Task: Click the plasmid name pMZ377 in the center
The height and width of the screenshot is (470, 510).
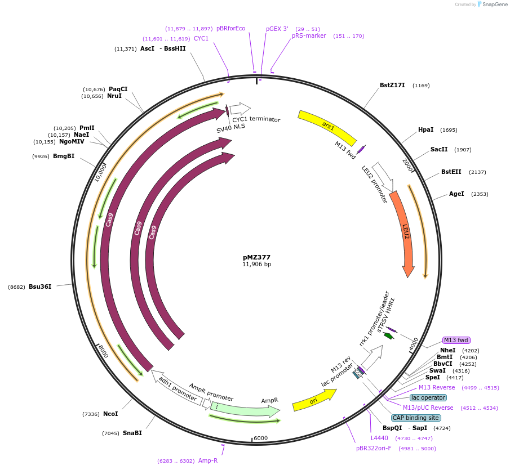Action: click(x=256, y=257)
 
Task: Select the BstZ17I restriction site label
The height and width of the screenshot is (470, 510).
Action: click(x=392, y=86)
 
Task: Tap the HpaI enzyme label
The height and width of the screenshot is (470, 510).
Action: click(x=425, y=130)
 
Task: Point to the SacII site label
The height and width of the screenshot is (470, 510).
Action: click(x=439, y=150)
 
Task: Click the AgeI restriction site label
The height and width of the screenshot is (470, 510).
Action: click(x=456, y=194)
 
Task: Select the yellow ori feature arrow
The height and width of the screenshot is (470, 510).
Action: click(x=314, y=400)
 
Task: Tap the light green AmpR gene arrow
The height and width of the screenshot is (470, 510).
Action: click(x=248, y=409)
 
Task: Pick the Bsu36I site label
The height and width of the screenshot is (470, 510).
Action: click(x=40, y=287)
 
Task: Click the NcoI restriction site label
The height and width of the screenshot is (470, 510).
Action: click(x=110, y=414)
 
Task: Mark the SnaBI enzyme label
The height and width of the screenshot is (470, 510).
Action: click(x=132, y=433)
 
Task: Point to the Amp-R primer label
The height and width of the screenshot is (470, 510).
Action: click(x=208, y=460)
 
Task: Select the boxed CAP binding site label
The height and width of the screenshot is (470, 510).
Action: click(x=415, y=418)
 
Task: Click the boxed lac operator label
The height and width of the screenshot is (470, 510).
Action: click(x=429, y=397)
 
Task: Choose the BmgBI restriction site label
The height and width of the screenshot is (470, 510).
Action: click(x=64, y=156)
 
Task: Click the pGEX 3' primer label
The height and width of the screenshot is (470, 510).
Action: click(x=277, y=29)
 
